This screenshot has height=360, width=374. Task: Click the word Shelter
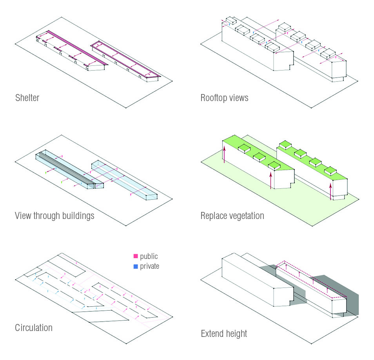coord(27,98)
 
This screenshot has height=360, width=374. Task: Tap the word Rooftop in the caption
coord(213,98)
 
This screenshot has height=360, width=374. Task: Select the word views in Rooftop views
coord(238,98)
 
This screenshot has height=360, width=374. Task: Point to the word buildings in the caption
coord(80,215)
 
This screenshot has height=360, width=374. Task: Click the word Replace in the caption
coord(214,215)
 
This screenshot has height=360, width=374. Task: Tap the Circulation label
coord(34,327)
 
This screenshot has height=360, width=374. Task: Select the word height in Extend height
coord(237,334)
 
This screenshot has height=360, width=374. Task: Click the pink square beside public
coord(136,256)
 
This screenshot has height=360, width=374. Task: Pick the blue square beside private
coord(136,266)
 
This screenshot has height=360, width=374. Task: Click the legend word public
coord(149,257)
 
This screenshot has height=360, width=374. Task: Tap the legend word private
coord(150,266)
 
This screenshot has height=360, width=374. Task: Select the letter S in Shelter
coord(17,98)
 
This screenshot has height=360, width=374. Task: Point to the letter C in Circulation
coord(18,327)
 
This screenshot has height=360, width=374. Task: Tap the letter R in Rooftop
coord(203,98)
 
